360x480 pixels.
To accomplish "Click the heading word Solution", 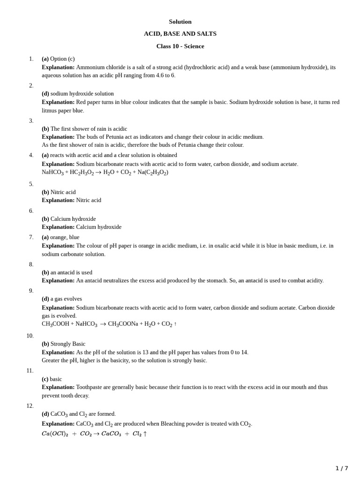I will pos(180,22).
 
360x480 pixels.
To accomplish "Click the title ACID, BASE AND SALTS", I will pos(180,34).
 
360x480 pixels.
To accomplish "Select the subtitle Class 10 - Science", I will pos(180,46).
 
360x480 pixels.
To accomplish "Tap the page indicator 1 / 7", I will pos(342,468).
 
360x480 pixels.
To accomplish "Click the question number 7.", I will pos(31,237).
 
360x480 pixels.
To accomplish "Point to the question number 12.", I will pos(30,405).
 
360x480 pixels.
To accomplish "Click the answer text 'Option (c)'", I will pos(62,59).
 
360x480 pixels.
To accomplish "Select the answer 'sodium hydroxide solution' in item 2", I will pos(82,93).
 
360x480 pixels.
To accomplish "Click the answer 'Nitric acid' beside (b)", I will pos(63,192).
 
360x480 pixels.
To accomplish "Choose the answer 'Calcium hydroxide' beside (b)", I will pos(73,218).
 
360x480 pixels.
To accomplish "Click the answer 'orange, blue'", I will pos(65,237).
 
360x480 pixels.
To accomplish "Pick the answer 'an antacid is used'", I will pos(71,272).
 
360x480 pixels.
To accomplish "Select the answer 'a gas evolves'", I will pos(66,299).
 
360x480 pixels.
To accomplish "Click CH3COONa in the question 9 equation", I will pos(123,324).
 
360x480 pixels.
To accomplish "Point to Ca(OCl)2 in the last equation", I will pos(55,434).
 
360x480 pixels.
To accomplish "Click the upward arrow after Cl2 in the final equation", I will pos(145,434).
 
